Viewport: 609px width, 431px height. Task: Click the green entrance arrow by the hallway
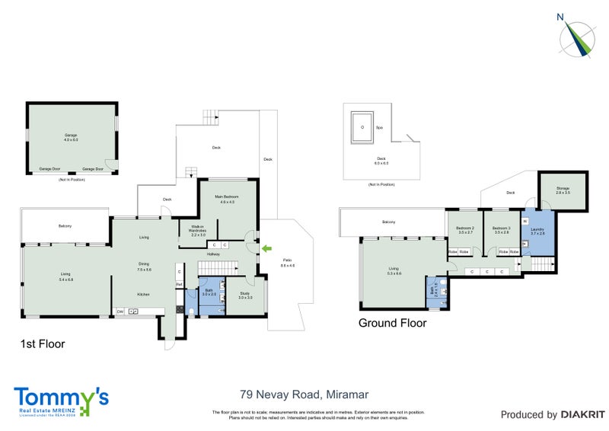click(x=265, y=247)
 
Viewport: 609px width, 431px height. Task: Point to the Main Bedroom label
click(x=228, y=198)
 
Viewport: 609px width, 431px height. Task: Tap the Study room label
click(x=245, y=295)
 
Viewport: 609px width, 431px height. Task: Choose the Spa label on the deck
click(x=379, y=127)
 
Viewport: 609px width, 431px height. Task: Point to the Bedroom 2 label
click(x=464, y=229)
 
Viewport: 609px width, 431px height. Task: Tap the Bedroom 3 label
click(x=500, y=229)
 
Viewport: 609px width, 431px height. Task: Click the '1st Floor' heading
click(x=42, y=344)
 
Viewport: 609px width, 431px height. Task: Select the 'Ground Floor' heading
click(x=392, y=323)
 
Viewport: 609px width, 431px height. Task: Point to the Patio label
click(x=287, y=263)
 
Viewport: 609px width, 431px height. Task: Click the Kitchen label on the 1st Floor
click(x=144, y=294)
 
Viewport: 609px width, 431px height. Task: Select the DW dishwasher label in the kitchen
click(x=120, y=311)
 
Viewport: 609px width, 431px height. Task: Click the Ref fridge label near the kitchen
click(x=179, y=285)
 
